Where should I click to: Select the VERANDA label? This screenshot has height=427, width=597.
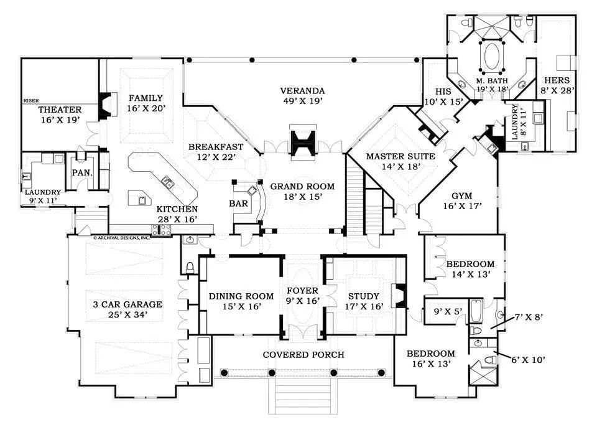(x=302, y=90)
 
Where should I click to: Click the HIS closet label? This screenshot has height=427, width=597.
(x=433, y=90)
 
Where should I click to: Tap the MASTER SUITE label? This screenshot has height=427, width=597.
(x=400, y=156)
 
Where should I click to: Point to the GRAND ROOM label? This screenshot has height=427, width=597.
(x=302, y=186)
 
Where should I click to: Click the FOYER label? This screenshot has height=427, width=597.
(x=302, y=291)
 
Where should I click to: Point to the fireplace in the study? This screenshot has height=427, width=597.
(x=401, y=296)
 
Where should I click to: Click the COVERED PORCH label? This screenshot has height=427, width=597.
(x=302, y=355)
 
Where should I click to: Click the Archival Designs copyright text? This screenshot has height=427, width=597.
(x=121, y=237)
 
